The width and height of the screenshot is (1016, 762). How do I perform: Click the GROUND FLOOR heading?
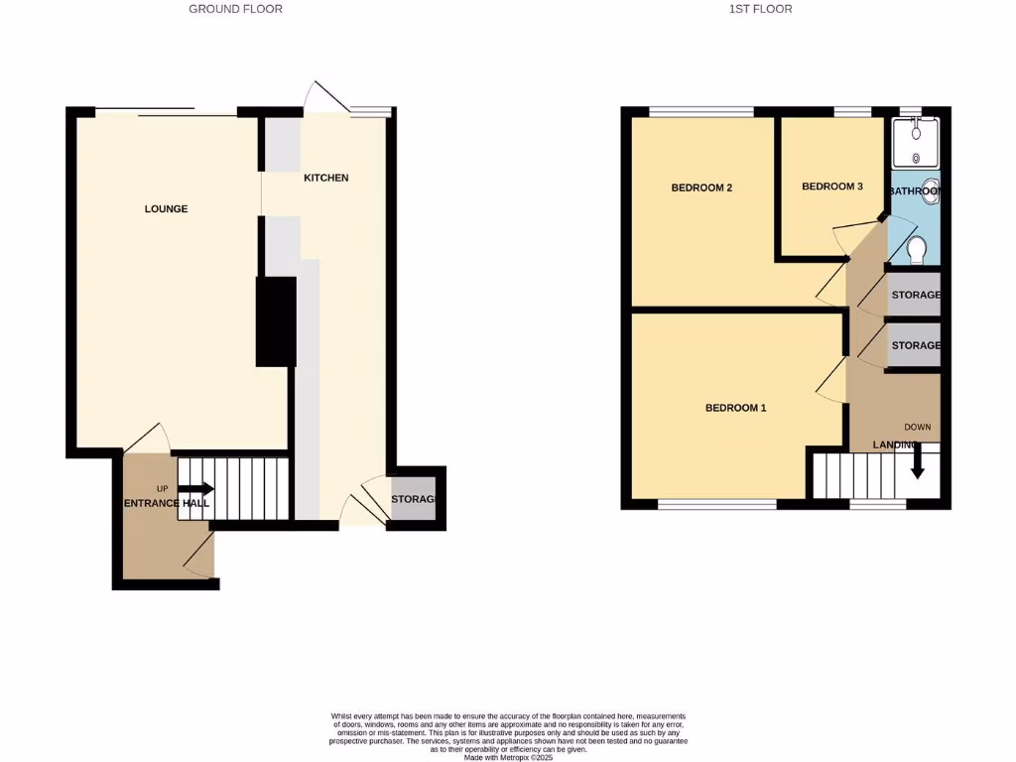pos(235,9)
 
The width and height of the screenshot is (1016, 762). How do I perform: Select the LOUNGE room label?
pos(166,209)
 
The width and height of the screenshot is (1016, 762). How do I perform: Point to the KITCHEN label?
pos(326,179)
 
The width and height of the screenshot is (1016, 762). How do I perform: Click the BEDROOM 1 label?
pos(735,408)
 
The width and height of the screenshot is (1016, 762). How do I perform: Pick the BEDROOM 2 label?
pos(701,188)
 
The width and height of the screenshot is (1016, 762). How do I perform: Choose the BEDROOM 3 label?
pos(832,187)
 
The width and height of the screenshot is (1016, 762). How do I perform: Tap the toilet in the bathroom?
pos(918,250)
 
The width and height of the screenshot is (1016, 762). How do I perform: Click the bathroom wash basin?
pos(931,191)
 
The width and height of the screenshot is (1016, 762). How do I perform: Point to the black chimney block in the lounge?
pos(276,321)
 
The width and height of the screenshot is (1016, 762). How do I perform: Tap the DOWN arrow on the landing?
pos(918,460)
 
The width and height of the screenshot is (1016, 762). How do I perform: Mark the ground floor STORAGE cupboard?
pos(413,499)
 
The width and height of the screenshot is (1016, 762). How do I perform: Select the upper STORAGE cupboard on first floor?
pos(914,296)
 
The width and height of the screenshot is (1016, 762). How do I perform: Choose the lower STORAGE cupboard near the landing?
pos(914,345)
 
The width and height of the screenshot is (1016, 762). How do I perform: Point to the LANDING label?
pos(893,445)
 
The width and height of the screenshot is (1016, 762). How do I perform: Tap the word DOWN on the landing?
pos(917,428)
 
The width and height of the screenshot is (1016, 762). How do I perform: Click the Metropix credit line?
pos(508,757)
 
